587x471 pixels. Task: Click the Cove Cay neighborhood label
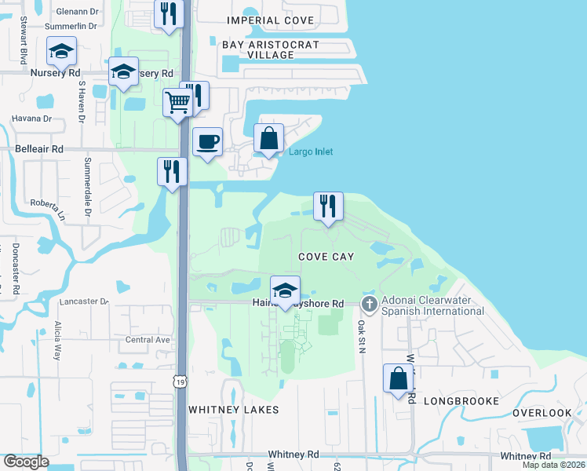pos(326,257)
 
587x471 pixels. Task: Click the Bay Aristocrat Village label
pos(271,49)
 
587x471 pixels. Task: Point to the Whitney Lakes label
pos(234,410)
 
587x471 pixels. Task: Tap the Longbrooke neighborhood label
pos(461,401)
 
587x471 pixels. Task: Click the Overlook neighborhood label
pos(542,413)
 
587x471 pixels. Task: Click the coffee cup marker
pos(207,142)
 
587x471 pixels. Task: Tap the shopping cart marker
pos(178,101)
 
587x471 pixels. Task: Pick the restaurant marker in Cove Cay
pos(329,206)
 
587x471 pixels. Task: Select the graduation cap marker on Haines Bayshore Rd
pos(286,290)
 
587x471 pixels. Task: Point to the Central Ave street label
pos(148,340)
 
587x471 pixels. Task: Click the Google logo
pos(27,462)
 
